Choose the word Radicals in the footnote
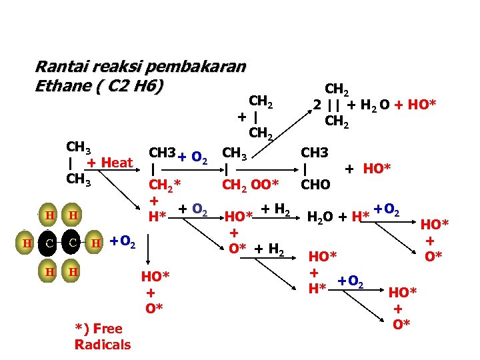point(103,345)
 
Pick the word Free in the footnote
point(107,328)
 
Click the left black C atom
point(50,243)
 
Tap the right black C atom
point(72,243)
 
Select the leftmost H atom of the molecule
point(27,243)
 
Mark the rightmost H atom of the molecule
point(95,243)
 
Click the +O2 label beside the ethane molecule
point(122,243)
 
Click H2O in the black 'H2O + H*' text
point(321,216)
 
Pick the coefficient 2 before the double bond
point(318,105)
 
